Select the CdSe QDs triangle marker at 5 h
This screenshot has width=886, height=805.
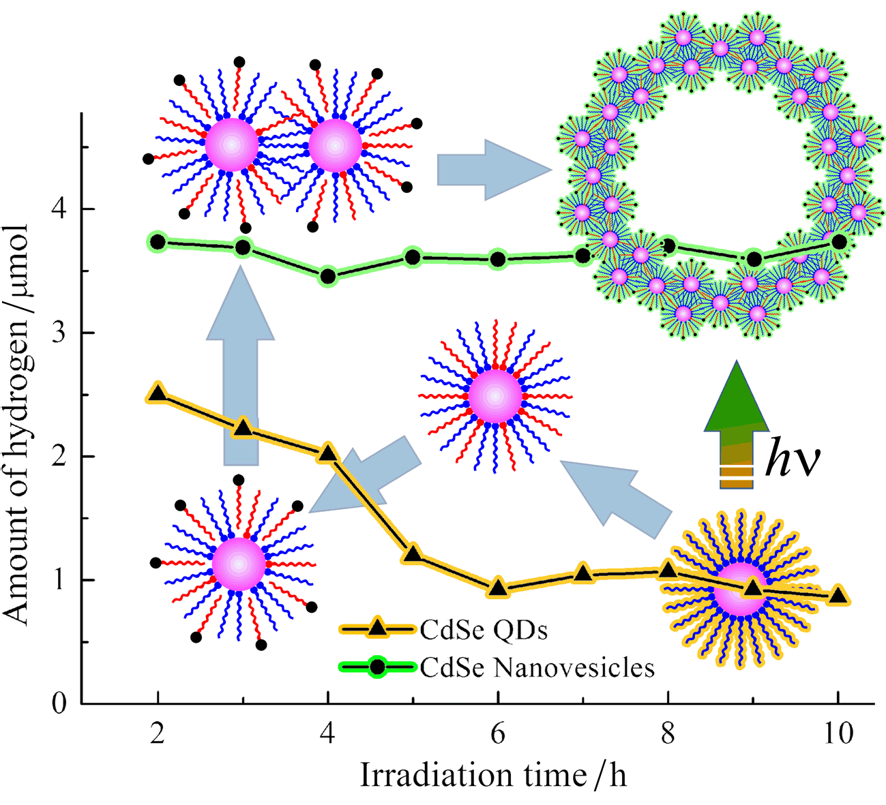pos(412,553)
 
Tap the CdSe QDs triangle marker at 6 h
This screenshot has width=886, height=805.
pos(498,588)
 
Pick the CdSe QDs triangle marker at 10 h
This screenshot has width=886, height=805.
pos(838,596)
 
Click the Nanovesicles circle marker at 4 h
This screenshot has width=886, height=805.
pos(328,276)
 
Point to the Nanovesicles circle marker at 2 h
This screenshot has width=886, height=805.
pos(158,241)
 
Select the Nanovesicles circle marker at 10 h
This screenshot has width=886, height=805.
pos(839,241)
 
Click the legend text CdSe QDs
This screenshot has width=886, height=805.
pos(484,631)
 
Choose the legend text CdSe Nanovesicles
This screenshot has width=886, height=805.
pos(537,667)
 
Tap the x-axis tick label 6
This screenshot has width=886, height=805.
pos(498,734)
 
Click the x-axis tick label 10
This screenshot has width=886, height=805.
pos(838,734)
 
